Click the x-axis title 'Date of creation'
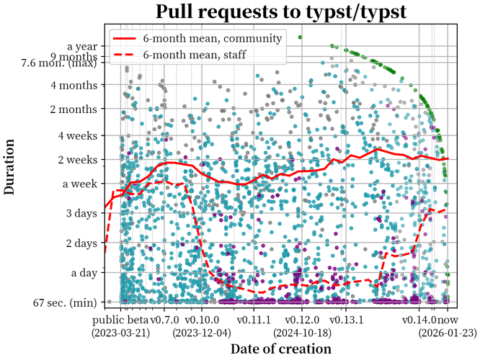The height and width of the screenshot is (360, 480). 280,348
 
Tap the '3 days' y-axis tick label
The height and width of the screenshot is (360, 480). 81,213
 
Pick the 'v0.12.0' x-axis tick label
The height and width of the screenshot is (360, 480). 301,319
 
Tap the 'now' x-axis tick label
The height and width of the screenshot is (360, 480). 449,319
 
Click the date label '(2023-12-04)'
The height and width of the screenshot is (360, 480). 203,333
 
